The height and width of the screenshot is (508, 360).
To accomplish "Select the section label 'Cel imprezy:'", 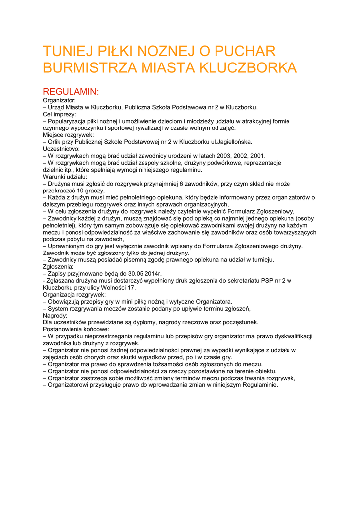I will pyautogui.click(x=60, y=114).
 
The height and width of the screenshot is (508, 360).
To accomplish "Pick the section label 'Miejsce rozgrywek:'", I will pyautogui.click(x=68, y=135).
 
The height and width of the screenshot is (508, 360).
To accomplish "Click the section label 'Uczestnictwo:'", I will pyautogui.click(x=62, y=149).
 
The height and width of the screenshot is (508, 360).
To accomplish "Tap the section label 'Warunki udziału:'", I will pyautogui.click(x=65, y=177).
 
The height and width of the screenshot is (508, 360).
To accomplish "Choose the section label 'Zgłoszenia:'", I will pyautogui.click(x=58, y=267).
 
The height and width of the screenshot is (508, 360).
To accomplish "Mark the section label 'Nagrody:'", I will pyautogui.click(x=55, y=316).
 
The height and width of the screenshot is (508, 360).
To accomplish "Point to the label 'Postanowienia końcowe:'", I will pyautogui.click(x=76, y=329).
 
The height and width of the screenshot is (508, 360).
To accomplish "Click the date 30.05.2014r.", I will pyautogui.click(x=144, y=274).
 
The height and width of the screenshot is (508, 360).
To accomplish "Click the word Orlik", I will pyautogui.click(x=56, y=142).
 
